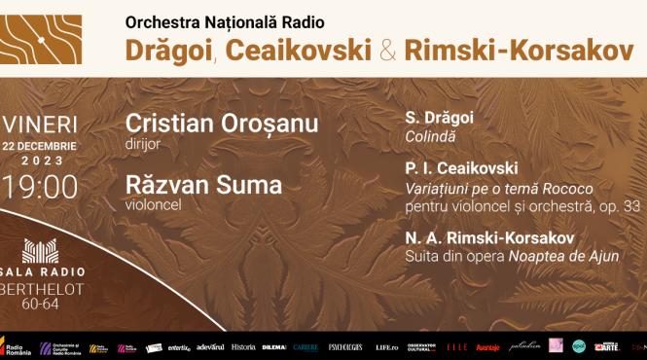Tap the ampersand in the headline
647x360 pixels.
tap(386, 51)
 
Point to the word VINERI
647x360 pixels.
tap(44, 125)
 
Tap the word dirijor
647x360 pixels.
tap(142, 143)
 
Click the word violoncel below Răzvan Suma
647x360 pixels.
tap(149, 204)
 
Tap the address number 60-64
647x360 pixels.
tap(40, 304)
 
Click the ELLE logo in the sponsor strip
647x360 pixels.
tap(457, 346)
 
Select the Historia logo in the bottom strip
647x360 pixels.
tap(243, 346)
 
